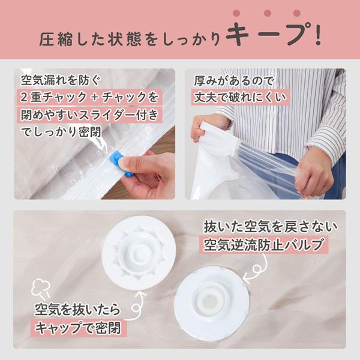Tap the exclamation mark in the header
click(318, 34)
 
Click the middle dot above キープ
click(268, 13)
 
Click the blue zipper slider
click(121, 163)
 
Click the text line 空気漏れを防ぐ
click(61, 80)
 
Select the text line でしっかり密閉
click(61, 132)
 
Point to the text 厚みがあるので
click(234, 81)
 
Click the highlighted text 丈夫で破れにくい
click(241, 97)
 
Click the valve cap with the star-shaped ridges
click(139, 253)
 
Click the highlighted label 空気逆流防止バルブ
click(263, 245)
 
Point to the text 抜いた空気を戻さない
click(271, 227)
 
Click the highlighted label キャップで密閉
click(78, 328)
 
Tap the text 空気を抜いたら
click(77, 310)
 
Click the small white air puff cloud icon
click(41, 287)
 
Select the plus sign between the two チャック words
click(94, 98)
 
